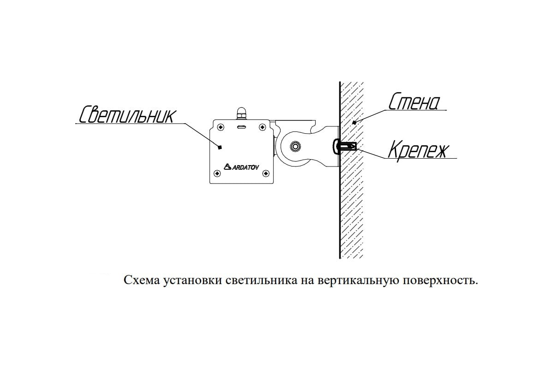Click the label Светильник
[127, 114]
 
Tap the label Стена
[414, 101]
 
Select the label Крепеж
[418, 150]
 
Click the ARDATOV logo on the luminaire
[241, 167]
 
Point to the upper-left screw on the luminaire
[220, 127]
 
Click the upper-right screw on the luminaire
[262, 127]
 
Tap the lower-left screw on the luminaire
[217, 173]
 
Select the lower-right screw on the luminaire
[265, 173]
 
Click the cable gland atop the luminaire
[241, 113]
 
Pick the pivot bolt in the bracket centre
[295, 147]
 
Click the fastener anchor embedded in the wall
[348, 147]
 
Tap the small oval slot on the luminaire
[241, 127]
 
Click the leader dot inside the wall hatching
[354, 122]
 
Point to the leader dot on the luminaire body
[220, 148]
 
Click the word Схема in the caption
[142, 280]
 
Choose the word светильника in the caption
[261, 280]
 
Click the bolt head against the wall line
[336, 147]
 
